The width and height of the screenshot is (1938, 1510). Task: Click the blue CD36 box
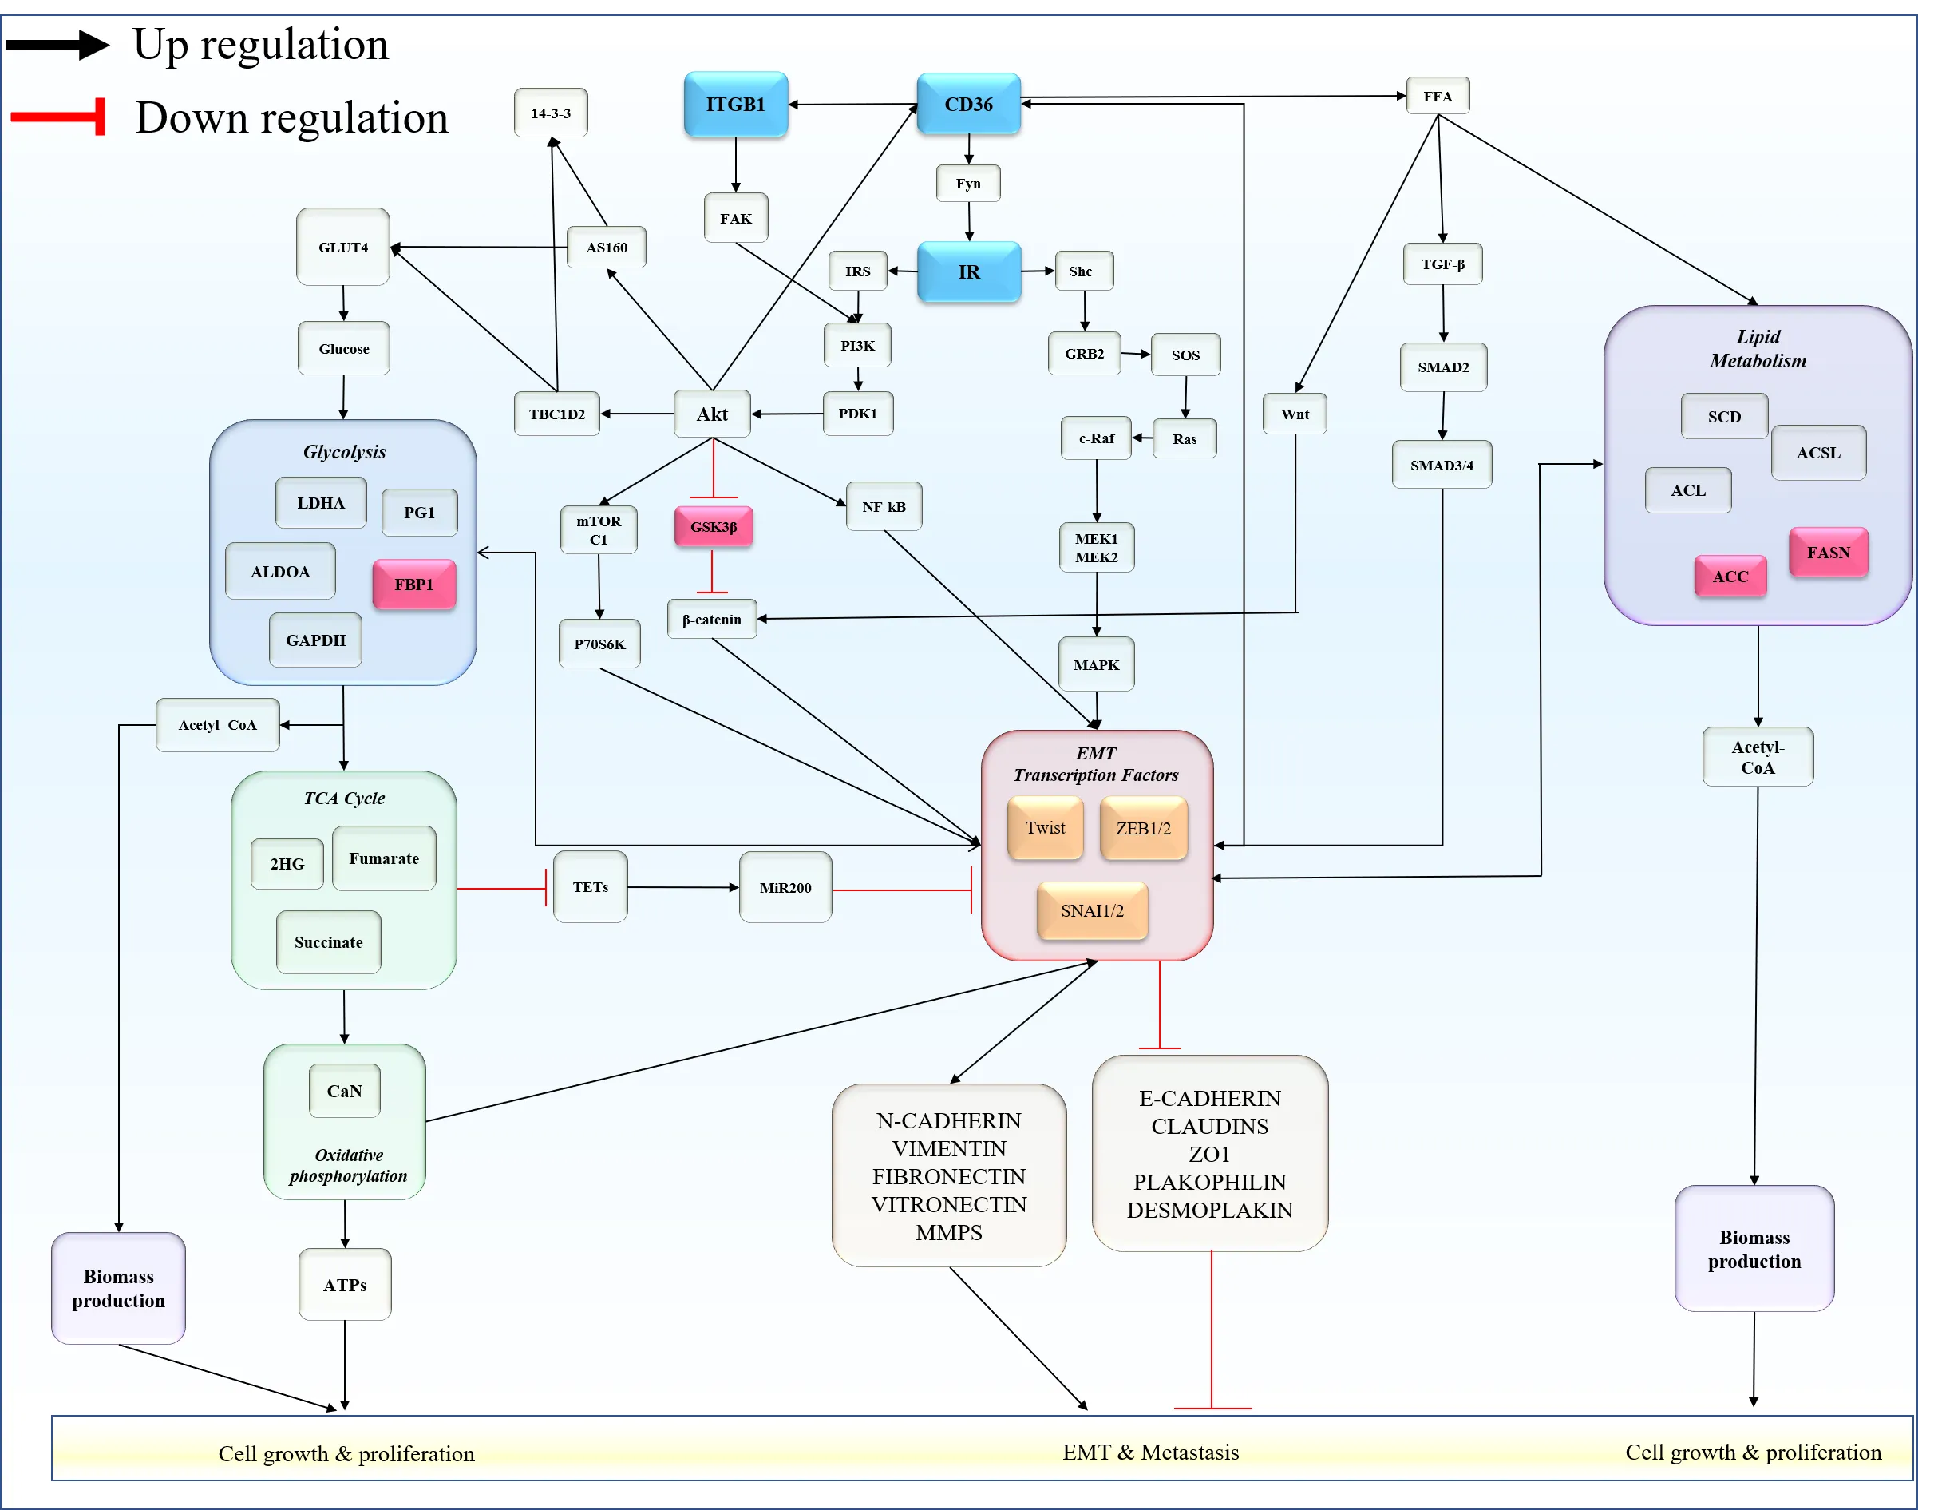968,105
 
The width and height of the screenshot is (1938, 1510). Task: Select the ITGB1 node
736,105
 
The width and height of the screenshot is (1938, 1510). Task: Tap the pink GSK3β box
714,527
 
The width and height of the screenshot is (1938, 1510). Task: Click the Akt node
712,414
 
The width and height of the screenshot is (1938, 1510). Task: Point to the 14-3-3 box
551,113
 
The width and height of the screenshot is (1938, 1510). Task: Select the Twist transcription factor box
1046,828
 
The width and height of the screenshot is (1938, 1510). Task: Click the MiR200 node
785,888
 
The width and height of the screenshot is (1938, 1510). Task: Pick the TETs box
590,888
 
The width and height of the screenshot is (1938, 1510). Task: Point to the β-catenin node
712,620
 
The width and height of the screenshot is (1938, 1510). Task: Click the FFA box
1438,97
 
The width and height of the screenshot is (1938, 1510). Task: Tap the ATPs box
345,1286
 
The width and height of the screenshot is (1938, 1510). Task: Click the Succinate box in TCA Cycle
328,943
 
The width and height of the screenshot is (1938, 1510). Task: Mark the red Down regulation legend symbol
58,117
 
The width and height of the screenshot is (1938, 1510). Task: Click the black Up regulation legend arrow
57,45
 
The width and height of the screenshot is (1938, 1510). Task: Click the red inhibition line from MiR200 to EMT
900,890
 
